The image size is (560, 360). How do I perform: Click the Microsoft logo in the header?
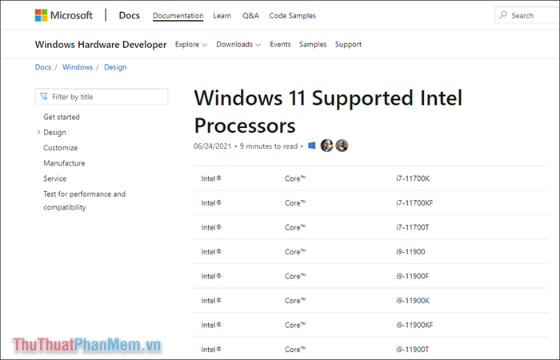pos(63,15)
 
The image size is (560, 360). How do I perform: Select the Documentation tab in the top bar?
pos(178,15)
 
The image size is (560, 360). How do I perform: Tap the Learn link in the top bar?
pos(222,15)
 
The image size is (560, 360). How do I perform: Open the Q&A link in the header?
pos(250,15)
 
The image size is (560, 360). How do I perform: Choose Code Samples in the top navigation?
pos(293,15)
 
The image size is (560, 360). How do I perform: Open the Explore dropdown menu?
pos(190,45)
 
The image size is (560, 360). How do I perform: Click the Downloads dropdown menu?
pos(238,45)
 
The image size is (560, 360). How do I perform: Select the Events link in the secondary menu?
pos(280,45)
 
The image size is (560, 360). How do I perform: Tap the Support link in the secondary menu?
pos(348,45)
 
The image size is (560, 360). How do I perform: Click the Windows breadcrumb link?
pos(78,67)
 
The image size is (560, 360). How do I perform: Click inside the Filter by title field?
pos(102,97)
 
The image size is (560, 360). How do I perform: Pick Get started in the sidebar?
pos(62,117)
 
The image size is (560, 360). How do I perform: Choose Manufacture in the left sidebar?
pos(64,163)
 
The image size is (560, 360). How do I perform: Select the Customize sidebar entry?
pos(61,148)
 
